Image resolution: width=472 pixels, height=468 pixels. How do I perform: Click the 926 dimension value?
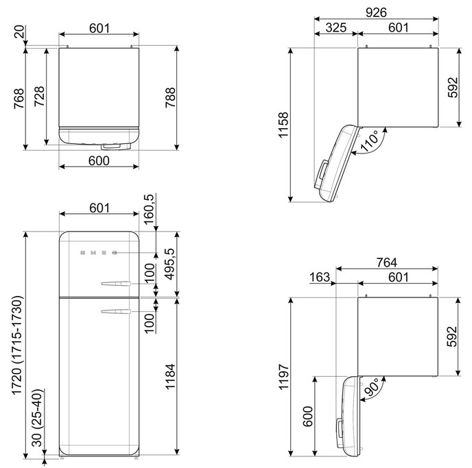(x=376, y=12)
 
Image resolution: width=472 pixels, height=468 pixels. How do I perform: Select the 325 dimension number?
(x=336, y=27)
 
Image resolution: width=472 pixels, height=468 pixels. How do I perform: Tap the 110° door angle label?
(x=369, y=141)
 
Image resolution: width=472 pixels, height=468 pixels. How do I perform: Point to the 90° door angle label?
(x=371, y=387)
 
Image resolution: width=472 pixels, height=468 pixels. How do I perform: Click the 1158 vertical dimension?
(x=283, y=125)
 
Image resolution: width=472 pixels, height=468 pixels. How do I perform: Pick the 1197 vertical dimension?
(x=283, y=378)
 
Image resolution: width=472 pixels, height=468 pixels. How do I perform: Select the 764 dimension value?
(x=387, y=262)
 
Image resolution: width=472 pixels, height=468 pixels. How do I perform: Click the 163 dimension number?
(x=320, y=277)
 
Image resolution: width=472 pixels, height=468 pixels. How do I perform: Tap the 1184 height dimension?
(x=170, y=377)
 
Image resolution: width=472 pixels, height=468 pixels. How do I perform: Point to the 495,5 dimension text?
(x=170, y=264)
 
